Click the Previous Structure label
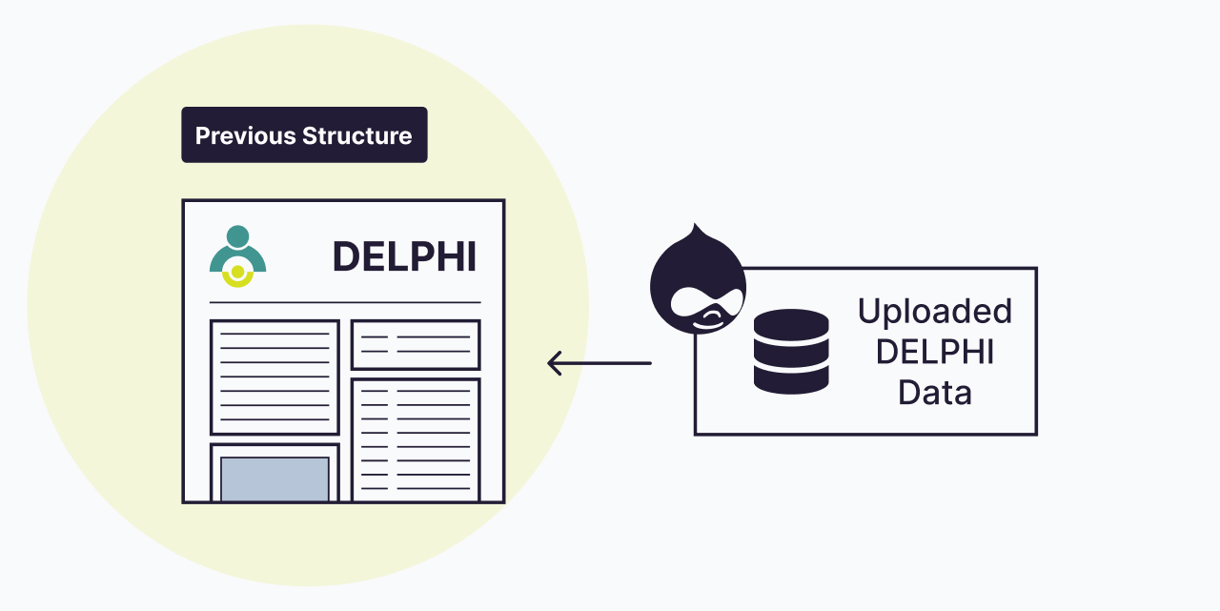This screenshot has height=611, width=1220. coord(304,135)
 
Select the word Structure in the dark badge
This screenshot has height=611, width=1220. coord(357,135)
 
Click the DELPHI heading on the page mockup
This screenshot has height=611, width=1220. coord(404,256)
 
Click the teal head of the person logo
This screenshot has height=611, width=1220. coord(237,235)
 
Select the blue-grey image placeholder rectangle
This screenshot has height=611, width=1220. coord(274,479)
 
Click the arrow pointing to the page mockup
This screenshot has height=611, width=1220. coord(600,363)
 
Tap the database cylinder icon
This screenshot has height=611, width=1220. coord(791,351)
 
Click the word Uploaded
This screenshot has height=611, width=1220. coord(934,312)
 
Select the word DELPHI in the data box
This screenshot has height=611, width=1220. coord(934,352)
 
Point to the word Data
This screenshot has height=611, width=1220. coord(934,392)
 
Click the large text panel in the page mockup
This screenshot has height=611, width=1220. coord(274,377)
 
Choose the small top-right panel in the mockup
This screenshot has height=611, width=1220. coord(416,344)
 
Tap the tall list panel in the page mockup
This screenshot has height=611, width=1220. coord(416,439)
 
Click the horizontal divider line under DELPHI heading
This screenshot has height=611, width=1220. coord(345,302)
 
